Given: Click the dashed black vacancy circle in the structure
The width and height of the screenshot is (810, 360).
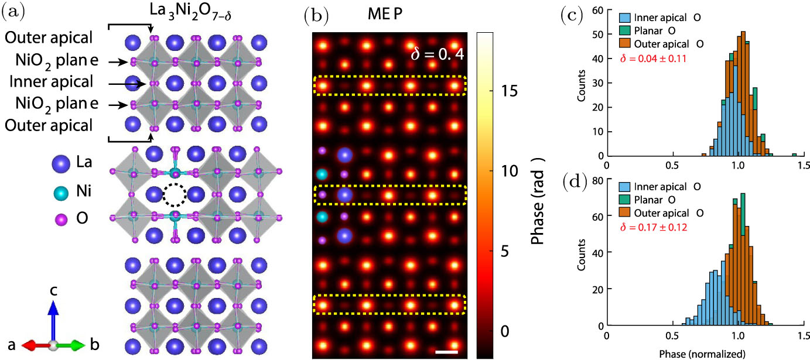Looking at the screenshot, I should [x=174, y=196].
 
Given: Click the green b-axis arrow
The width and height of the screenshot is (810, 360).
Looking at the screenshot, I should [x=74, y=345].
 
